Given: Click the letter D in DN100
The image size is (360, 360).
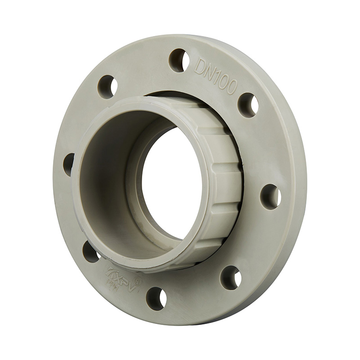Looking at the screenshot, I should pyautogui.click(x=200, y=67).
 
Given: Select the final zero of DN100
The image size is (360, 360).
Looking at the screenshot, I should pyautogui.click(x=231, y=87).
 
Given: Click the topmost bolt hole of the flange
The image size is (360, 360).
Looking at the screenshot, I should pyautogui.click(x=179, y=60).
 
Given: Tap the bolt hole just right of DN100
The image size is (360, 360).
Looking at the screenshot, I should pyautogui.click(x=248, y=105).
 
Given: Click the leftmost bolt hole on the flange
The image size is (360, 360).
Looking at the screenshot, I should pyautogui.click(x=69, y=165).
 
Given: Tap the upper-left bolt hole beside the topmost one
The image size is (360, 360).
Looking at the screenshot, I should pyautogui.click(x=108, y=87).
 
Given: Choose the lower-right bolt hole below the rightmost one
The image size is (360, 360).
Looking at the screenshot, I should pyautogui.click(x=231, y=277).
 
